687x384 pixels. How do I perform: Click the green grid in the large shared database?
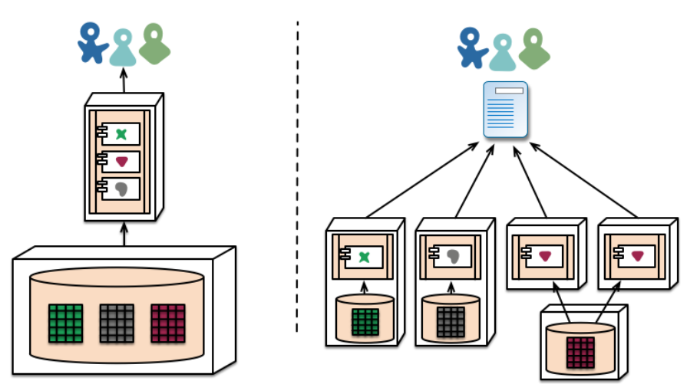click(x=65, y=323)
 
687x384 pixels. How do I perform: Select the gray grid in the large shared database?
click(x=117, y=323)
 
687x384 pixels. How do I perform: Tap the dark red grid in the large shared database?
click(x=168, y=323)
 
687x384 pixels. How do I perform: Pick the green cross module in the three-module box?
click(x=121, y=134)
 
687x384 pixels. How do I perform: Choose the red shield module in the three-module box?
click(x=121, y=162)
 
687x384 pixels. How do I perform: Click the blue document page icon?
click(x=506, y=110)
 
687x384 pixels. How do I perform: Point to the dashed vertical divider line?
click(x=298, y=176)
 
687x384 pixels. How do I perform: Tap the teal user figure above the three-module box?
click(x=123, y=48)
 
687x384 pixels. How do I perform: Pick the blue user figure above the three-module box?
click(x=93, y=43)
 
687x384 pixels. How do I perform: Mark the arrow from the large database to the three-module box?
click(x=124, y=234)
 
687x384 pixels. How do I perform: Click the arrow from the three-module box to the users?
click(x=124, y=80)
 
